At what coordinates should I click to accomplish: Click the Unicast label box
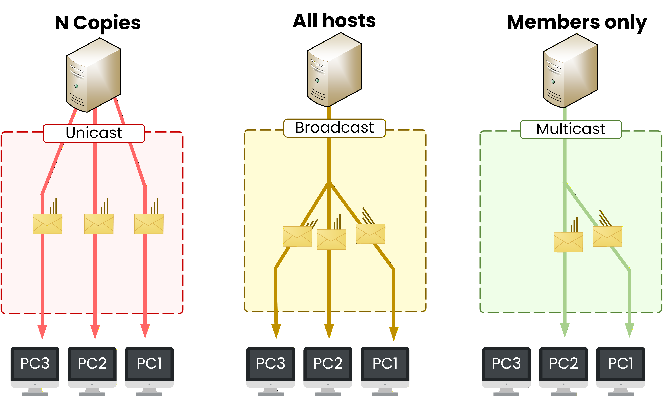(94, 133)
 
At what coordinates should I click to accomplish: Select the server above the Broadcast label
(334, 70)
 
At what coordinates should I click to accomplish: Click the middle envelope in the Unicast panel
(98, 224)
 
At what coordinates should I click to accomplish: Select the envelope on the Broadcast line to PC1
(370, 234)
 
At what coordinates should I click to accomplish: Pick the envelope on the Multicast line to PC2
(568, 242)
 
